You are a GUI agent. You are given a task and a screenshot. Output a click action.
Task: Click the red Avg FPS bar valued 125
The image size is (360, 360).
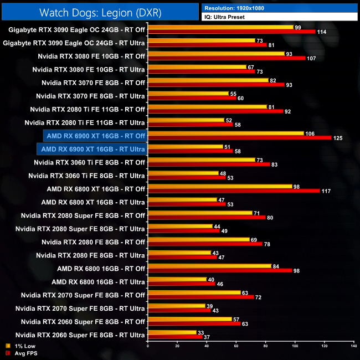click(239, 137)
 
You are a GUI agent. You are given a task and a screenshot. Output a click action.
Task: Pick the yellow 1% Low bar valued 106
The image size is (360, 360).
click(226, 133)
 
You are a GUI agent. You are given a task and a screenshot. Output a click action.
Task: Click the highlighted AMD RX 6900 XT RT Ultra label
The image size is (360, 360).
click(92, 149)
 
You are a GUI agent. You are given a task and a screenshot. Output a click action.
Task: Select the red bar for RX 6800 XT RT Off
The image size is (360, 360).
click(233, 191)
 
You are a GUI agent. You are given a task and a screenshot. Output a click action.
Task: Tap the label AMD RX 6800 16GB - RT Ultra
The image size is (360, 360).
click(98, 281)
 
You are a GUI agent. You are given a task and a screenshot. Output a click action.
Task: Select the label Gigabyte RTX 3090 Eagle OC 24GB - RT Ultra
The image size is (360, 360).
click(74, 43)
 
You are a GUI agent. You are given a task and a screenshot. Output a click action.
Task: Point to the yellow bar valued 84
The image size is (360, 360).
click(209, 266)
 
